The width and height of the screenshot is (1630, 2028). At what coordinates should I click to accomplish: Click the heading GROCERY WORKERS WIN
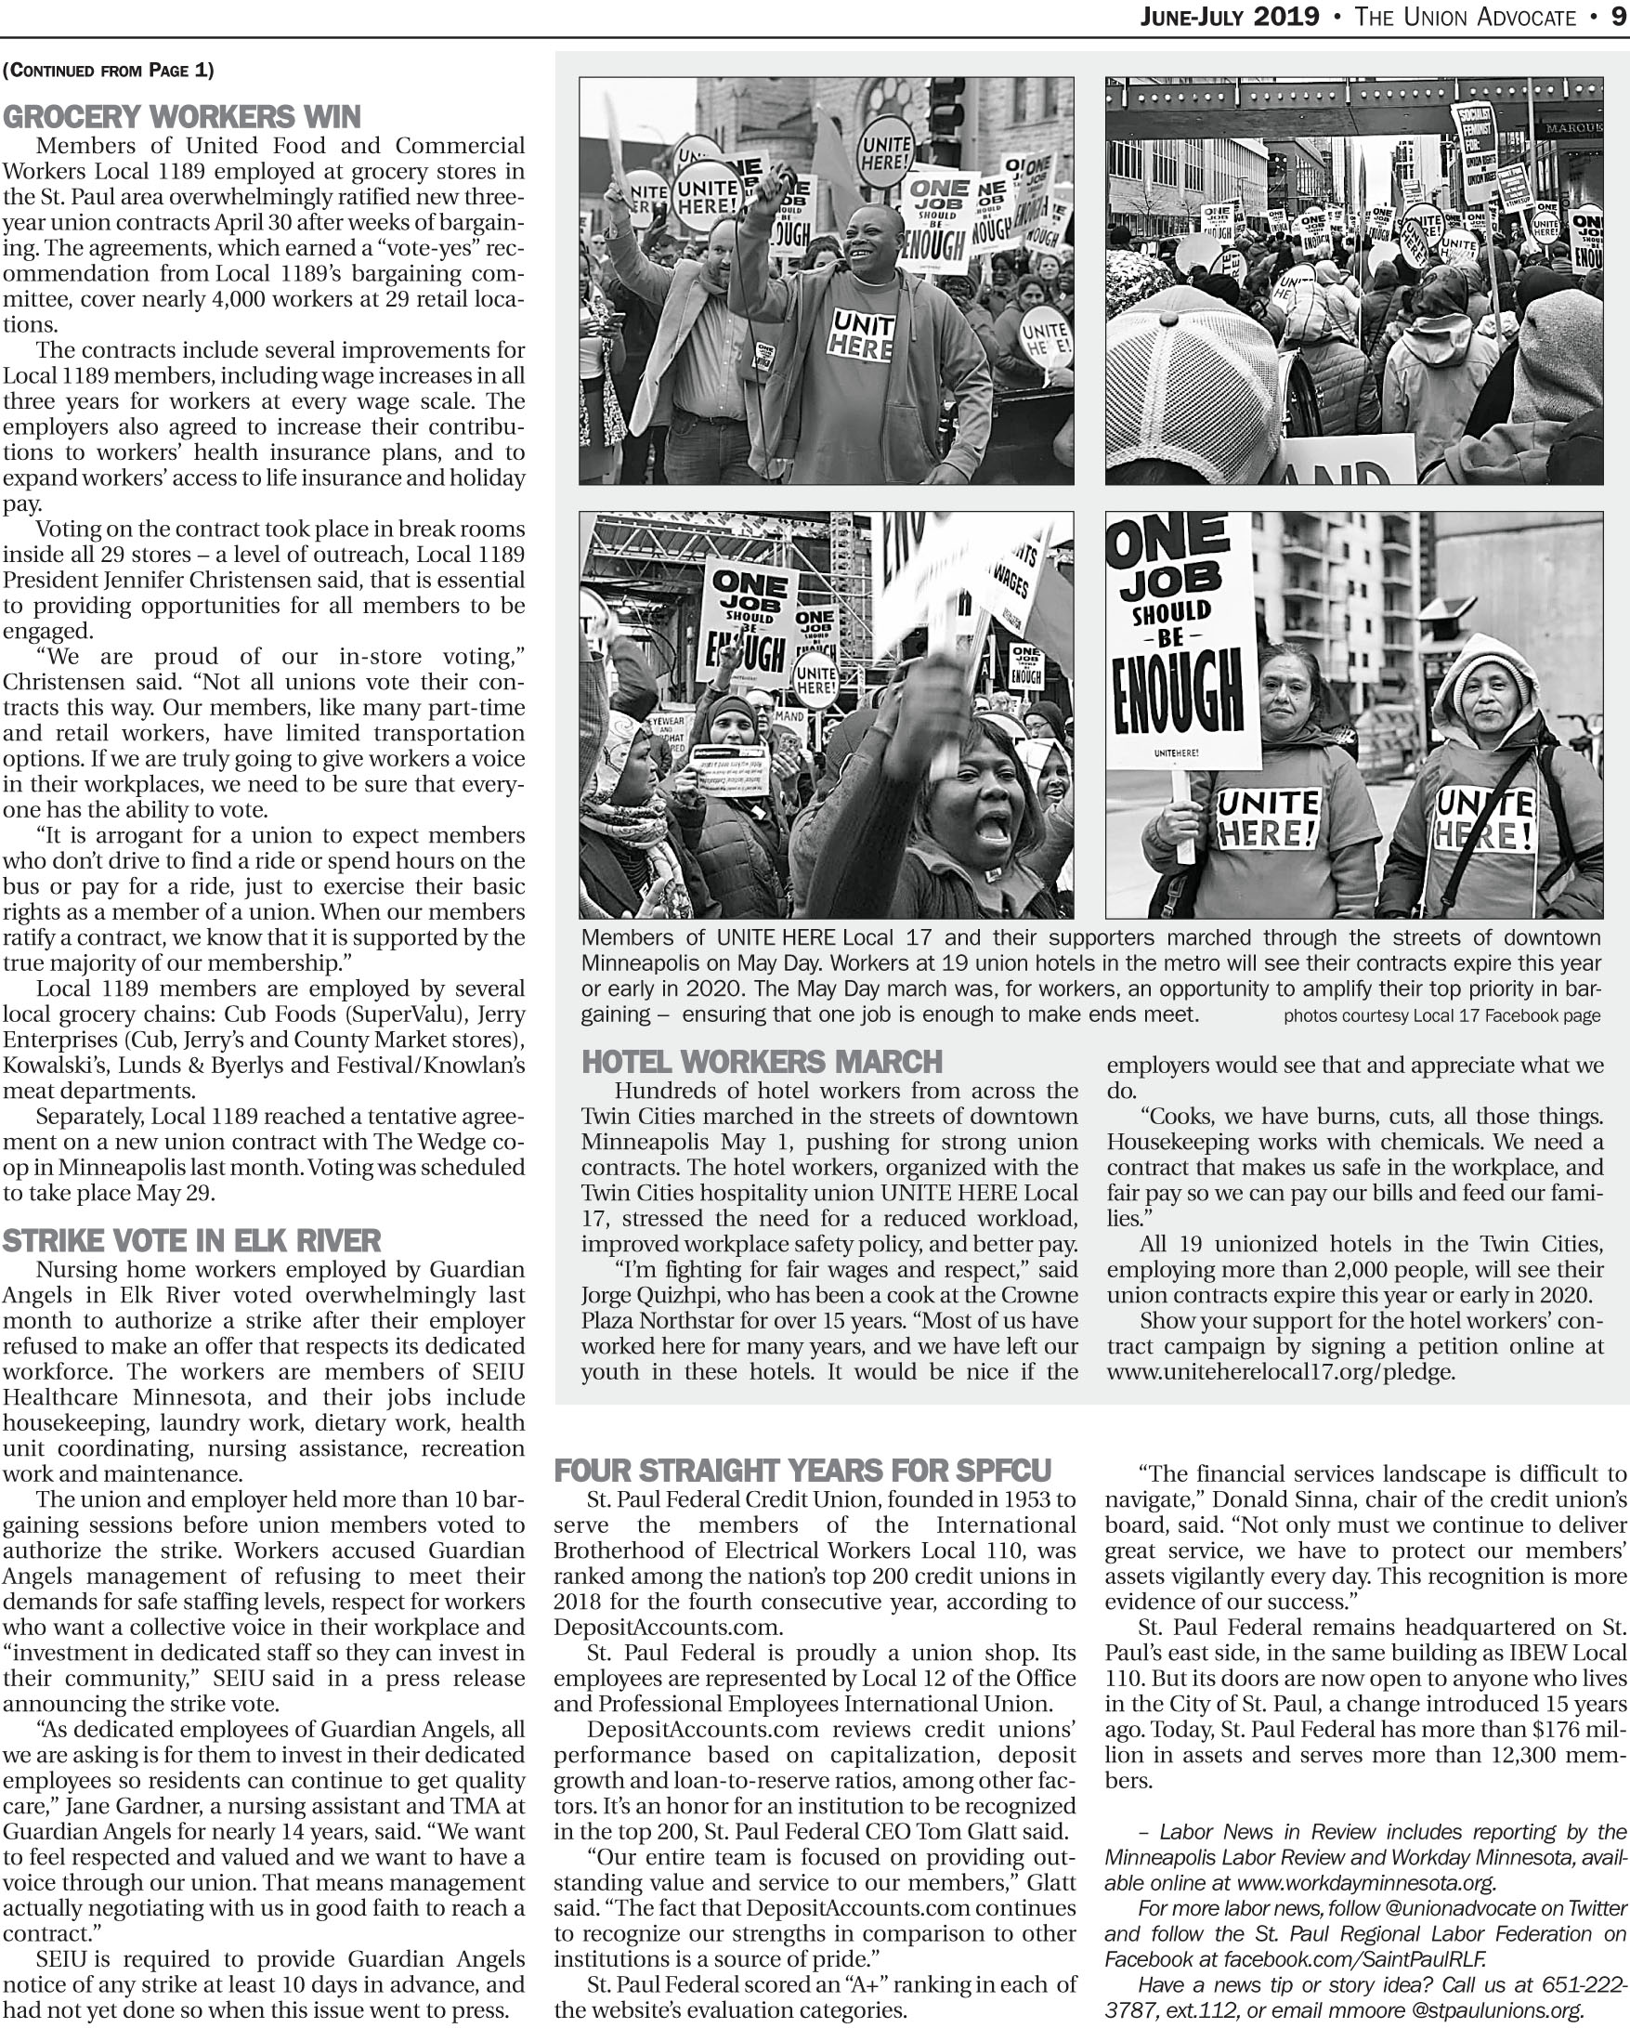pyautogui.click(x=181, y=118)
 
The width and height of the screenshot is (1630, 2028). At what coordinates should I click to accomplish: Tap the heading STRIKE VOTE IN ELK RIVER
pyautogui.click(x=192, y=1241)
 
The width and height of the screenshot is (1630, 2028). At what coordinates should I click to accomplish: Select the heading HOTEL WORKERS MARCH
pyautogui.click(x=762, y=1062)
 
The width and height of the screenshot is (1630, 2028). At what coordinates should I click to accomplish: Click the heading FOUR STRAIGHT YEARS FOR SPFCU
pyautogui.click(x=802, y=1472)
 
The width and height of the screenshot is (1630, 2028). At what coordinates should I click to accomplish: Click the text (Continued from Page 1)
pyautogui.click(x=108, y=71)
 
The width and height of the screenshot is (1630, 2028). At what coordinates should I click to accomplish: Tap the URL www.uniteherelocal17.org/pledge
pyautogui.click(x=1280, y=1371)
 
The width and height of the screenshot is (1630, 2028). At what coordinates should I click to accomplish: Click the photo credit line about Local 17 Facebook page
pyautogui.click(x=1441, y=1016)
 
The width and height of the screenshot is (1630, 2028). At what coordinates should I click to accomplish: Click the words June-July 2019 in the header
pyautogui.click(x=1230, y=17)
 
